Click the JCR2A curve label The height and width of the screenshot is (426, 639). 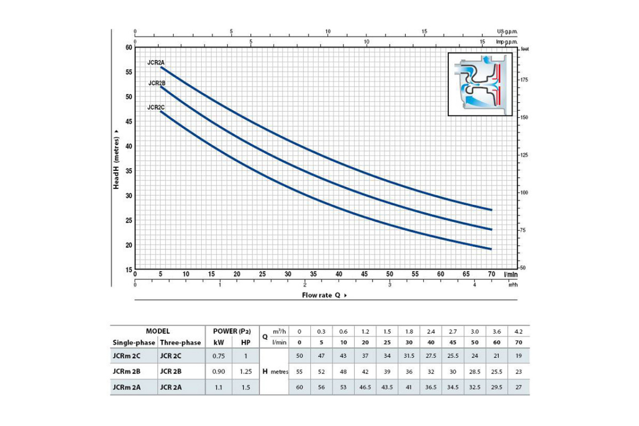pos(156,62)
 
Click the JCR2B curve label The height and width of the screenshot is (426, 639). pos(157,83)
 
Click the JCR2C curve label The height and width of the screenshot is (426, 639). pos(156,107)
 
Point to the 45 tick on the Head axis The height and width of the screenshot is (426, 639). pos(128,121)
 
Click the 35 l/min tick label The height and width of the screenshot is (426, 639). pos(313,274)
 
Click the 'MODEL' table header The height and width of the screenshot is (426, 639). pos(158,331)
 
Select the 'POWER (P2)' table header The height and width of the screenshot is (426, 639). pos(232,331)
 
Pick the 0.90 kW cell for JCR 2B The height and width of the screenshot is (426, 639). pos(218,372)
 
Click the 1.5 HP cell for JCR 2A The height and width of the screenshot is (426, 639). pos(245,388)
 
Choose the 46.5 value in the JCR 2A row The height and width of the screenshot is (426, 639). pos(365,388)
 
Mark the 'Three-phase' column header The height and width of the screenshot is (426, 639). pos(180,342)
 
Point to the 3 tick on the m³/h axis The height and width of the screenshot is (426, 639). pos(390,285)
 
